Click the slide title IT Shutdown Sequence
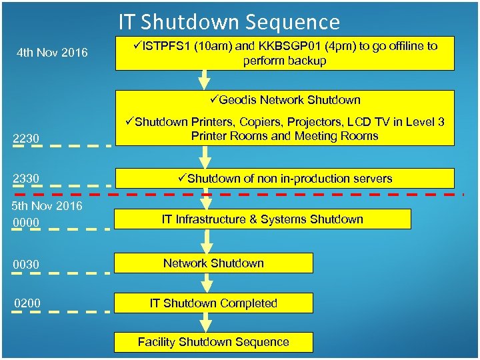tap(229, 22)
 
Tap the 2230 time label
tap(27, 139)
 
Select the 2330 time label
tap(27, 178)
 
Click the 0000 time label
tap(27, 222)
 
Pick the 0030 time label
tap(27, 265)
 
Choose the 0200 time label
tap(27, 304)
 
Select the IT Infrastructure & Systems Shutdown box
tap(263, 219)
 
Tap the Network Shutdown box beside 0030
tap(214, 263)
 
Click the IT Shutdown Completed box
tap(214, 303)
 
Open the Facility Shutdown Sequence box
tap(214, 342)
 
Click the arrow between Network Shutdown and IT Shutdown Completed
tap(207, 283)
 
